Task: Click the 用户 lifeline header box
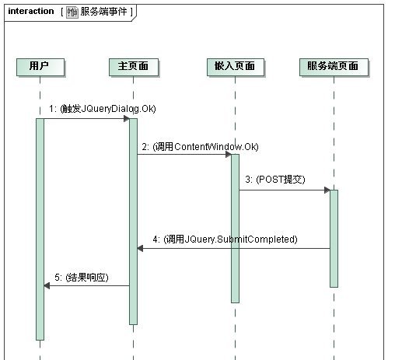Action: click(40, 67)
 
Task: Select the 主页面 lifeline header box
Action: click(134, 67)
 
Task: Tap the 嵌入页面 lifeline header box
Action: click(236, 67)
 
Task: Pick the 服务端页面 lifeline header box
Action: click(334, 67)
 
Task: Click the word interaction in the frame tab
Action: click(31, 11)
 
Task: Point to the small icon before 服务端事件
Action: click(72, 12)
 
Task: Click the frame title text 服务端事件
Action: click(103, 12)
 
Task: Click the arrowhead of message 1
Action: click(127, 119)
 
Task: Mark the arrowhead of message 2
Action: click(229, 155)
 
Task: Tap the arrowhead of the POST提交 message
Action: click(327, 190)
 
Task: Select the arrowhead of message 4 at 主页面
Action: click(140, 249)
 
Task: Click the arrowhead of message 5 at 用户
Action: click(47, 285)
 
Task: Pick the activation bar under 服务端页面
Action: click(334, 239)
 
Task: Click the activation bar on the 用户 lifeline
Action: click(40, 229)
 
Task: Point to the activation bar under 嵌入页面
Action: click(235, 229)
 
